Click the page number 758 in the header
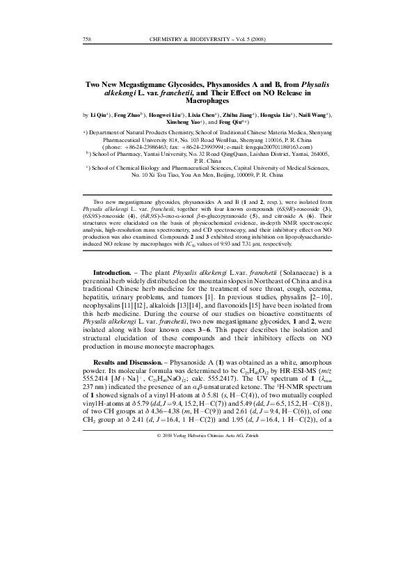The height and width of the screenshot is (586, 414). [88, 39]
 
